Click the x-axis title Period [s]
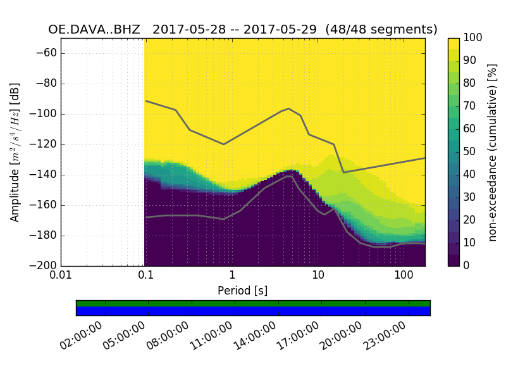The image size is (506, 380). tap(243, 291)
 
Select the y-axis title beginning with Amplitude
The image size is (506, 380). tap(15, 152)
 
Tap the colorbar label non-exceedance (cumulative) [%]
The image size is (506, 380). tap(493, 152)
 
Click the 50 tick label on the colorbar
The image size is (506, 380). tap(469, 152)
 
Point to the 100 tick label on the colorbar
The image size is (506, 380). tap(471, 38)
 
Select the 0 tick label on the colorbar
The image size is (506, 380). tap(466, 266)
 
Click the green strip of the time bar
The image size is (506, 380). tap(253, 303)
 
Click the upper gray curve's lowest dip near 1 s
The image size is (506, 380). tap(223, 144)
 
